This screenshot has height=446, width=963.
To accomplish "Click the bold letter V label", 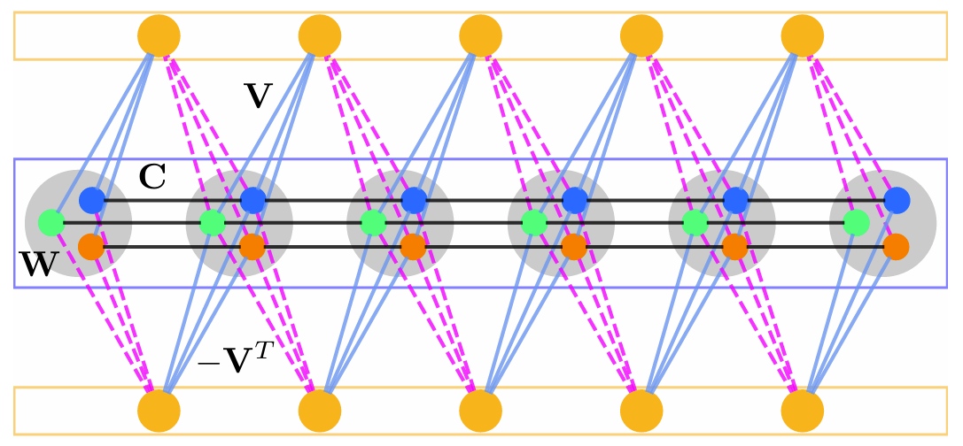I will (257, 96).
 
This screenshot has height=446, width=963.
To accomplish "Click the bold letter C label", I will (152, 178).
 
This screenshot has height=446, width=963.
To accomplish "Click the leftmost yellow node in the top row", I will (159, 36).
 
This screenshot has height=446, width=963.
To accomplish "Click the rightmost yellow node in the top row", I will (803, 36).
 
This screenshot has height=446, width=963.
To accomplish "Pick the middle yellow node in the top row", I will (481, 36).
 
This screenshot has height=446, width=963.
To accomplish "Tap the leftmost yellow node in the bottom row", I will (159, 411).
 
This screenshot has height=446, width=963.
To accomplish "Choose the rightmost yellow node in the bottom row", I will (803, 411).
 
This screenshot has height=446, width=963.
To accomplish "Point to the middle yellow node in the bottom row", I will (481, 411).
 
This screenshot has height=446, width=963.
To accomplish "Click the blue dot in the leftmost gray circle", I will (92, 200).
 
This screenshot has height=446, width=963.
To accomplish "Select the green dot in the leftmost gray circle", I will (51, 222).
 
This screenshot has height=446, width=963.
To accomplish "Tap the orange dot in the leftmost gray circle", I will (91, 246).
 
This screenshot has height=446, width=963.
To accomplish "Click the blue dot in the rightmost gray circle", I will (897, 200).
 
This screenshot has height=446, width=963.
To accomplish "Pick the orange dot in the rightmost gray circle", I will (896, 246).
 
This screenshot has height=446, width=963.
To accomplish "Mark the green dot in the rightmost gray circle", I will (856, 222).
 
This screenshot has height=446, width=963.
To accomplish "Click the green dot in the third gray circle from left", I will (373, 222).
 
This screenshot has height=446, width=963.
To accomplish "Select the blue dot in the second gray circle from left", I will (253, 200).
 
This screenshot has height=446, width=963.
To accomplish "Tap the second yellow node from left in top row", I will (320, 36).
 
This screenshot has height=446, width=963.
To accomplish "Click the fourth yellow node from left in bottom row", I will (641, 411).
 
